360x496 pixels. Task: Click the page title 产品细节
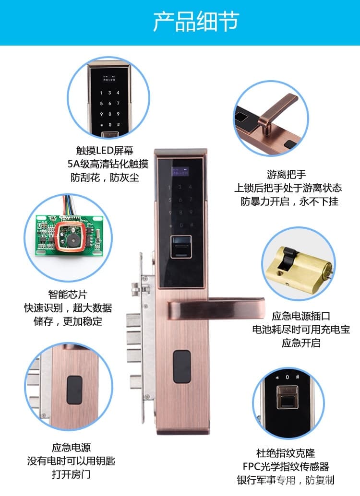point(195,22)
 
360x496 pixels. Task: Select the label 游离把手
point(286,174)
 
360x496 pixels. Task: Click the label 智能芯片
point(68,294)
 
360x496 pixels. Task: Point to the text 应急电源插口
point(301,316)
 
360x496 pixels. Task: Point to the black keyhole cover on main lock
point(181,367)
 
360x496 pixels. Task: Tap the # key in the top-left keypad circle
point(118,124)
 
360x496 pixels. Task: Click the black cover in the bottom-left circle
point(74,390)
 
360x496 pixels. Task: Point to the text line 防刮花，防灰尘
point(105,177)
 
